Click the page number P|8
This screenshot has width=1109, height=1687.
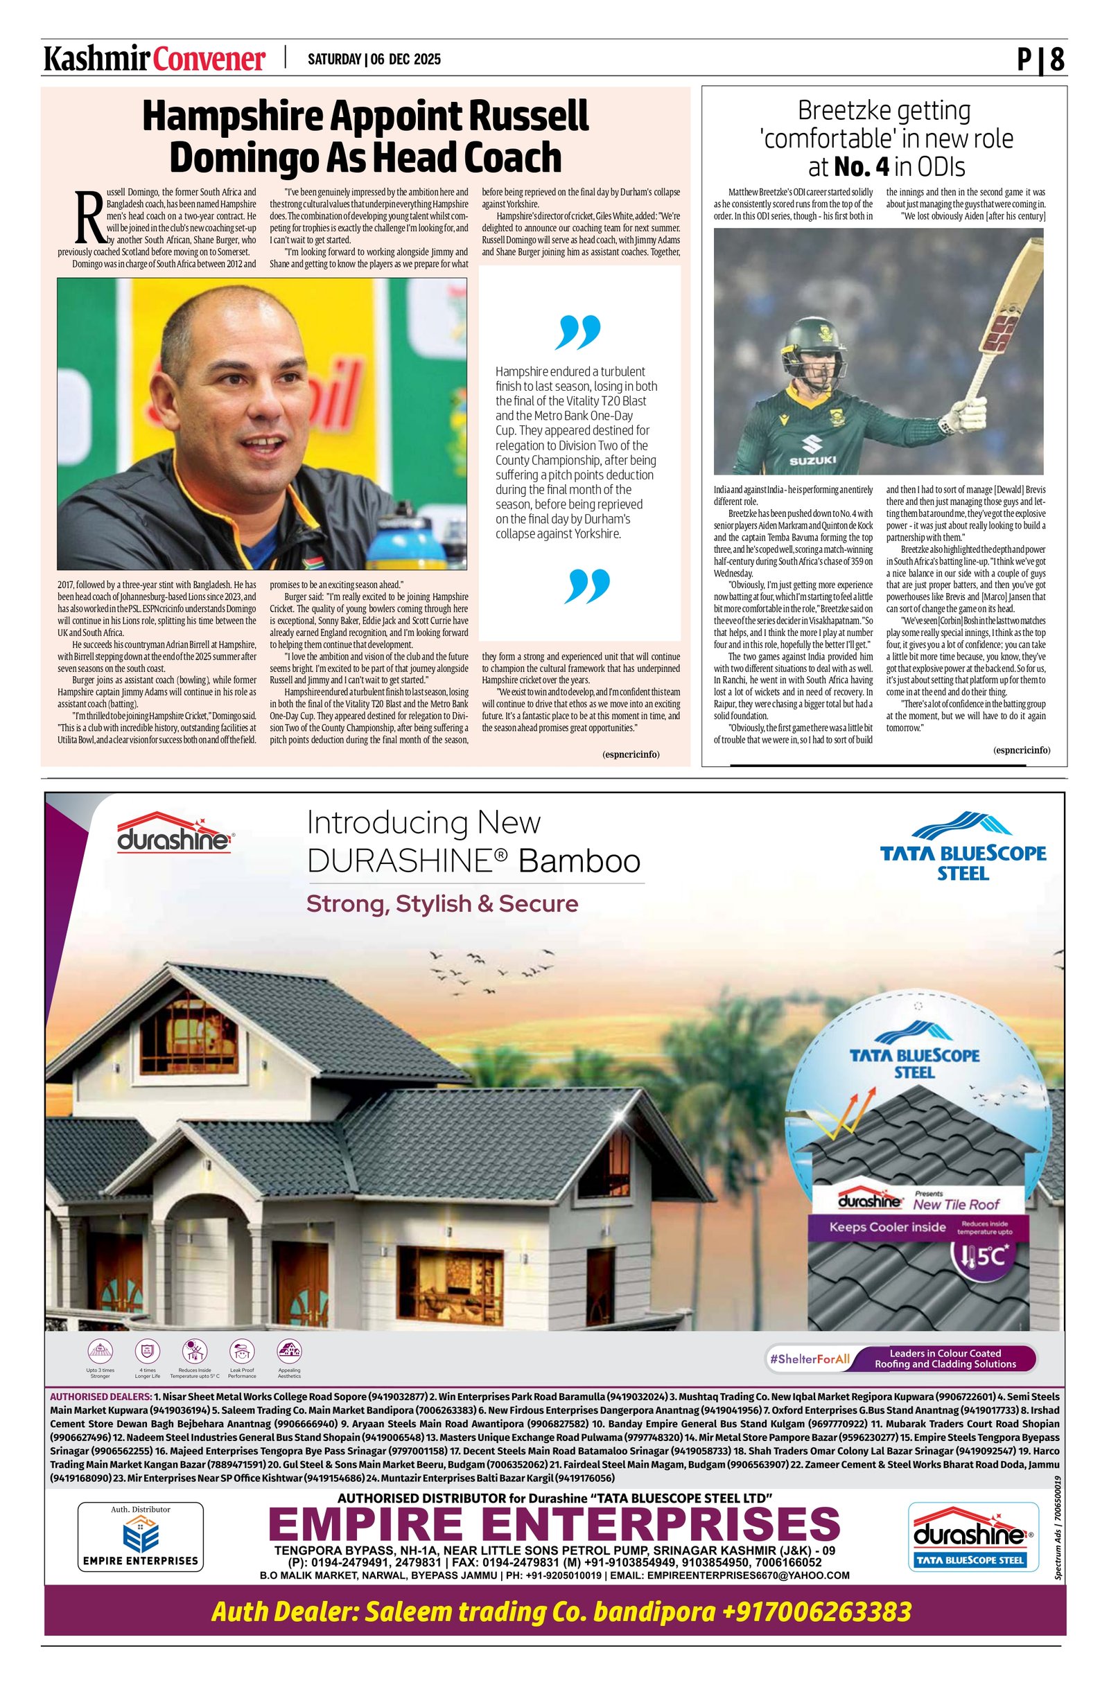[1040, 60]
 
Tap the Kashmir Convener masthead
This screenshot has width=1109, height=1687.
[155, 60]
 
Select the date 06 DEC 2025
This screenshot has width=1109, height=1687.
[405, 60]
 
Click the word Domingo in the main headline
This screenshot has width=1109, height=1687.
[242, 158]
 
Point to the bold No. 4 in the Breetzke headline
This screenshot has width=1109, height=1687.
[862, 167]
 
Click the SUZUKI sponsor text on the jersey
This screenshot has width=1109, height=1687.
[812, 460]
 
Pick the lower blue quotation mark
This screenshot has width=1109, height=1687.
[587, 585]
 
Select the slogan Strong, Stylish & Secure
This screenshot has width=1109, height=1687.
[442, 903]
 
